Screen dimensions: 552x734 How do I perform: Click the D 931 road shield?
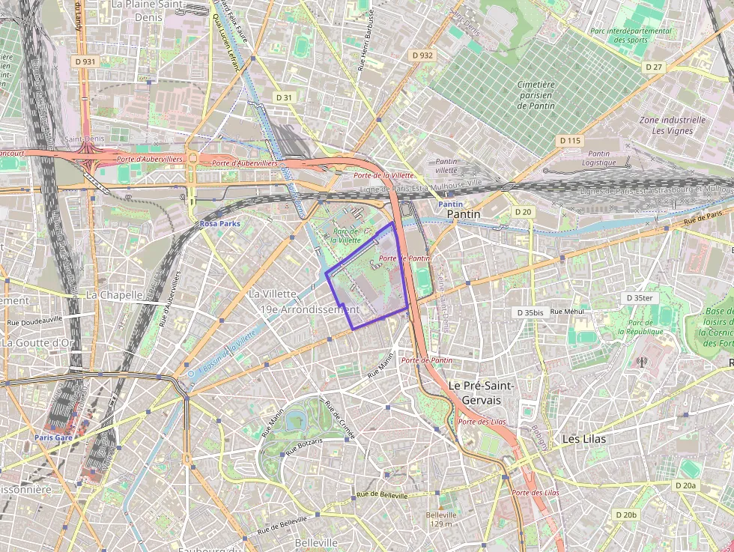click(85, 61)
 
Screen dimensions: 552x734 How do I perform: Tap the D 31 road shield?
click(284, 97)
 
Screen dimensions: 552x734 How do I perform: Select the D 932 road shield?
click(422, 55)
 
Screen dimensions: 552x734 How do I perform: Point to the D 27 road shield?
click(653, 67)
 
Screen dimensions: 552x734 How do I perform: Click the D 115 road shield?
click(570, 141)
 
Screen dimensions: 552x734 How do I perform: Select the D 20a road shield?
click(685, 486)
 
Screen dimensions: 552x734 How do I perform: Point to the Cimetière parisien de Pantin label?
click(536, 95)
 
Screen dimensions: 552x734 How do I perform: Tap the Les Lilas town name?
click(584, 439)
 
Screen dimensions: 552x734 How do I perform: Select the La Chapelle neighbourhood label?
click(114, 295)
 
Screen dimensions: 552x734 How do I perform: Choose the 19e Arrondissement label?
click(310, 309)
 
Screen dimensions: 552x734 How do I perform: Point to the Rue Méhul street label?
click(567, 312)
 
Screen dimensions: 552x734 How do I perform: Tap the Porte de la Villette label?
click(383, 175)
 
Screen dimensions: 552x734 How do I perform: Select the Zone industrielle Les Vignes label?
click(672, 125)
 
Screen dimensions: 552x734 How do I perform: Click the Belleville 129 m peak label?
click(441, 519)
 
